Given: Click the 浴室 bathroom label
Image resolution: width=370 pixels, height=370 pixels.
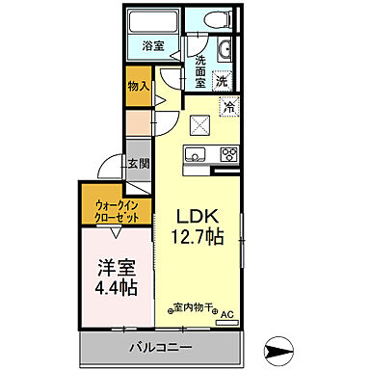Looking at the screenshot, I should coord(154,44).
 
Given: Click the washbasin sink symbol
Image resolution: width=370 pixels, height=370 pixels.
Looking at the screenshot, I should coord(225,51).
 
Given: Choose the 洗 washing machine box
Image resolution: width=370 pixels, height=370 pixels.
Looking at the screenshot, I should coord(224,82).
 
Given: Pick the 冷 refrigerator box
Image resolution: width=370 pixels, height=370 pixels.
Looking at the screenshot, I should coord(230,109).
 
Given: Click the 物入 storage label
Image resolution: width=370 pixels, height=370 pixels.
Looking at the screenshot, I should coord(138,86).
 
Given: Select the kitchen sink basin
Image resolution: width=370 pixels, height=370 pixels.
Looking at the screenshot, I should coord(197,154).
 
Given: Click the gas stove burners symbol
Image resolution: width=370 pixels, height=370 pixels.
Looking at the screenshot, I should coord(229,153).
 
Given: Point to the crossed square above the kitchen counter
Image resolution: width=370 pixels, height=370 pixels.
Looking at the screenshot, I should coord(200,123).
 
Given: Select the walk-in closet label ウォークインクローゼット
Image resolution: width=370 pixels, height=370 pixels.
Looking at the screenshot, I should coord(115,209).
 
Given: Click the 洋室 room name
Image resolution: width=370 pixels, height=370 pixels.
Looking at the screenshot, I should coord(114,268).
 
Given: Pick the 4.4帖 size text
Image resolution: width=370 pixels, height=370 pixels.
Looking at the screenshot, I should coord(115,287).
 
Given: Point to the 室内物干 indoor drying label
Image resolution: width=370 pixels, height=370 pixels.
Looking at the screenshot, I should coord(196,309).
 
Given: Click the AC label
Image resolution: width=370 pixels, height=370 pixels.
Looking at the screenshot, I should coord(227,314).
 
